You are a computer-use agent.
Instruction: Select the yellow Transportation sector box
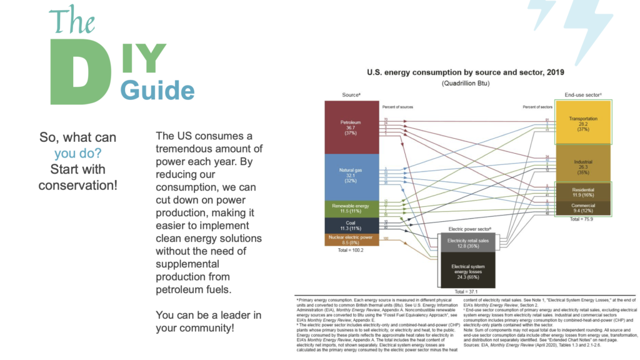click(x=583, y=122)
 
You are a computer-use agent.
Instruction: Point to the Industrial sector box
click(x=583, y=164)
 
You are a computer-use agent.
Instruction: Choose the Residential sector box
click(x=583, y=191)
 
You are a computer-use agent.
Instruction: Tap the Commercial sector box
click(x=583, y=208)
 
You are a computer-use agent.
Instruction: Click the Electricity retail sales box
click(x=467, y=242)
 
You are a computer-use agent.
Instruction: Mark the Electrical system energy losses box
click(x=467, y=269)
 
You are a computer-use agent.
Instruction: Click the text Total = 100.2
click(x=350, y=250)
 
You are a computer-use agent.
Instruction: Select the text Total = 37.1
click(x=466, y=291)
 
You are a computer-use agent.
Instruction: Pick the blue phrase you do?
click(x=78, y=153)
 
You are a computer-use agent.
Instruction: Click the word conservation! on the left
click(x=78, y=185)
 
